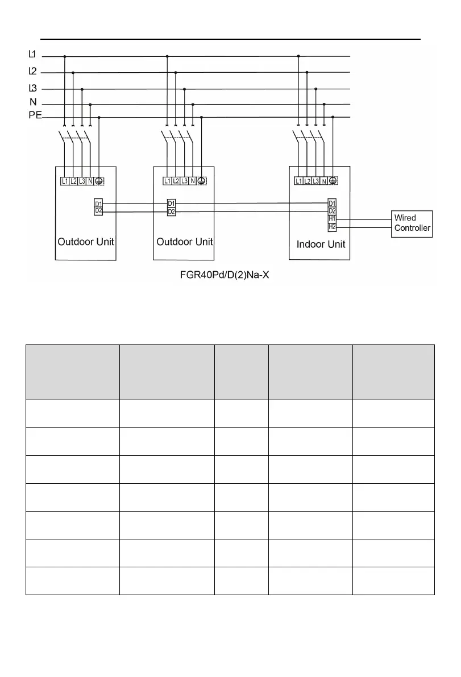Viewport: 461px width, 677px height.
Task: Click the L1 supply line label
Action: (32, 55)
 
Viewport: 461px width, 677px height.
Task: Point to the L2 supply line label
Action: (32, 72)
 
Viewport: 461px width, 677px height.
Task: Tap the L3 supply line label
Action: (32, 88)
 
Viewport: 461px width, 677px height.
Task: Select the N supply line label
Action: (33, 102)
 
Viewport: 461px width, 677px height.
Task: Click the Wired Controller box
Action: (412, 224)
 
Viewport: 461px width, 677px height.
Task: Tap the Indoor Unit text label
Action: (321, 244)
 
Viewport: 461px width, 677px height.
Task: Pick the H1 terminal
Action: (332, 218)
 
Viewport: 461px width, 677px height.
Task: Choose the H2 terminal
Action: (332, 226)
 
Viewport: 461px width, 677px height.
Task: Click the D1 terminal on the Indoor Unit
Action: (332, 203)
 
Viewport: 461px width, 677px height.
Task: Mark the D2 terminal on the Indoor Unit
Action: (332, 211)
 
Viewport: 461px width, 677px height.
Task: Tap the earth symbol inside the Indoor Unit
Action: (333, 181)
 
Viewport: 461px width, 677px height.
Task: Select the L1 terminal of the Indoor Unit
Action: (298, 181)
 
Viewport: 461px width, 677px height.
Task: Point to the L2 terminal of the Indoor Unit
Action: (307, 181)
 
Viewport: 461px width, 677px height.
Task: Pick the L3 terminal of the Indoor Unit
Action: (315, 181)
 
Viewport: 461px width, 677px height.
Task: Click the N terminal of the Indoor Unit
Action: (324, 181)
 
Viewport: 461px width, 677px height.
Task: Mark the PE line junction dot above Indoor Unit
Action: (333, 117)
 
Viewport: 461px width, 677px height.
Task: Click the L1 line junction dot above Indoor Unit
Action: (298, 56)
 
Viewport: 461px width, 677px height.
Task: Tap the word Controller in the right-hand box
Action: (413, 229)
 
